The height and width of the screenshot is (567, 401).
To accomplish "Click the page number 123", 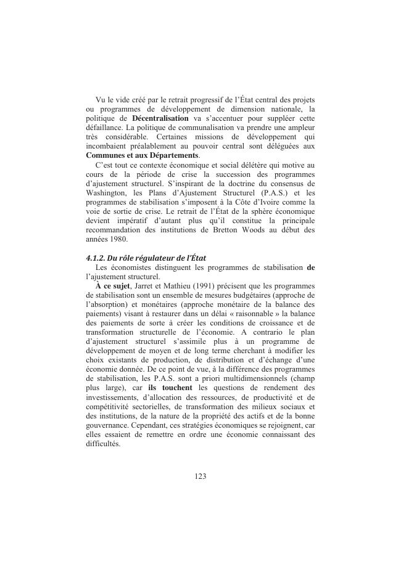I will [200, 476].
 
